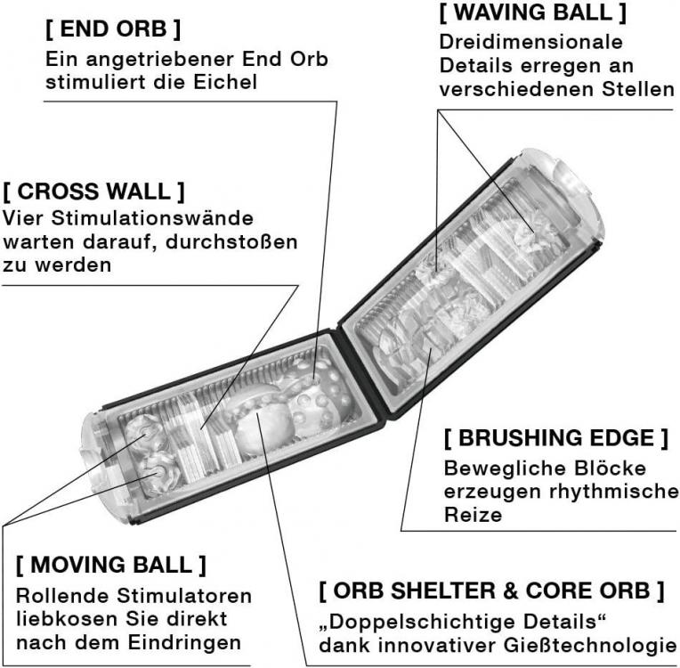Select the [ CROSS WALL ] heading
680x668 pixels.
93,191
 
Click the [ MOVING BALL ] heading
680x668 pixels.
111,565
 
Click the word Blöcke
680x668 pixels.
611,468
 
